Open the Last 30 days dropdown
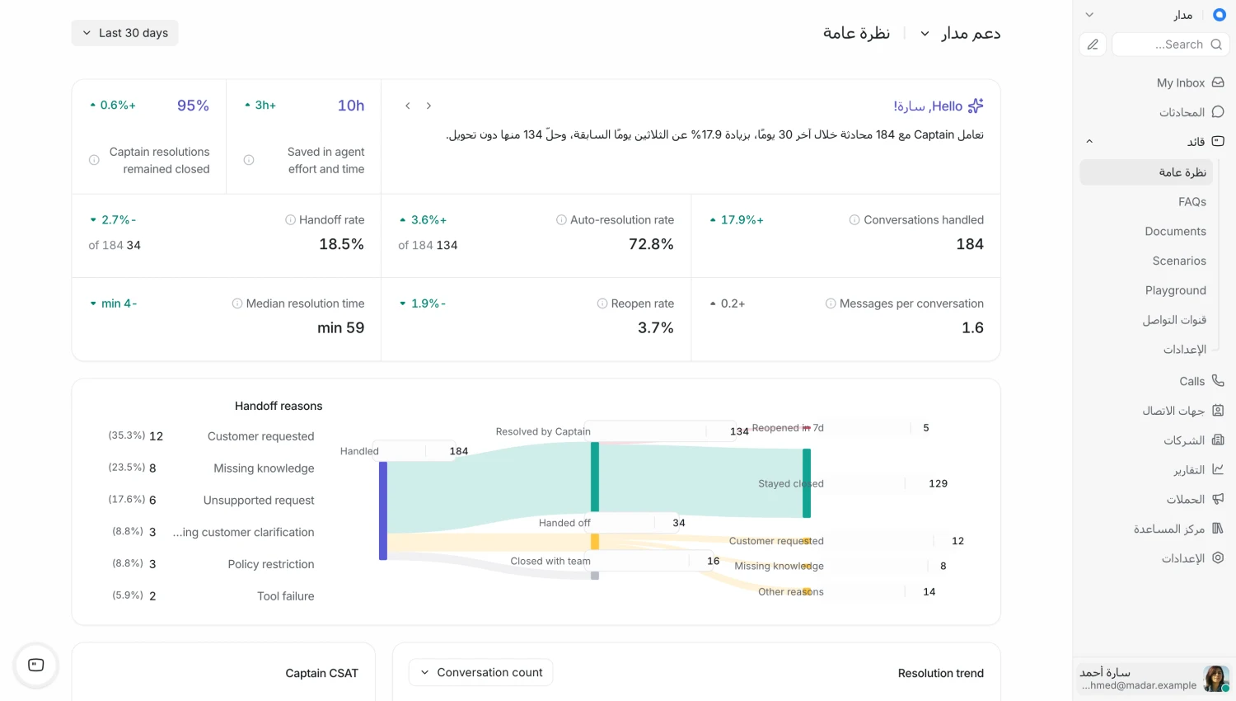tap(124, 33)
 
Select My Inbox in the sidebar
tap(1181, 82)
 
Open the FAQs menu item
tap(1192, 201)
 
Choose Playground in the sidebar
tap(1175, 290)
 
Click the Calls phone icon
tap(1218, 381)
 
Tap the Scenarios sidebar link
tap(1179, 261)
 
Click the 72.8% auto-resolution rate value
tap(651, 244)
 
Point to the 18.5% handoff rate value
tap(342, 244)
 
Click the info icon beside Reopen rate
tap(602, 303)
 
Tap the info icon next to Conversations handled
tap(854, 220)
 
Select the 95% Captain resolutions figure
tap(193, 106)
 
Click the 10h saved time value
tap(351, 106)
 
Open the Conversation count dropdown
tap(480, 672)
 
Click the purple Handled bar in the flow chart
tap(383, 511)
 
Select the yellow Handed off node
tap(595, 541)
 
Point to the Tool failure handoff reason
tap(285, 596)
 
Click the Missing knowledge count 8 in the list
tap(152, 468)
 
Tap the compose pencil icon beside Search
tap(1093, 45)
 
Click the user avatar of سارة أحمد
tap(1215, 679)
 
